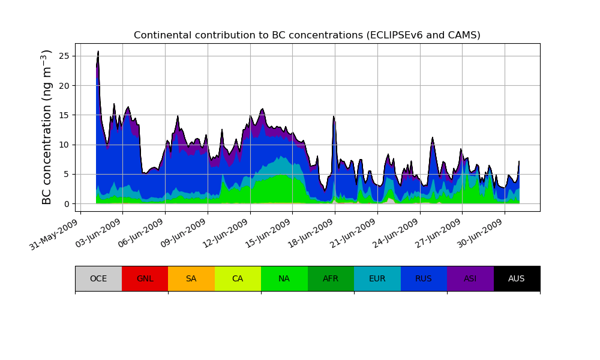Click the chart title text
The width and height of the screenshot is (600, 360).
(307, 35)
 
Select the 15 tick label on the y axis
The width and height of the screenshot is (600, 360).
(63, 115)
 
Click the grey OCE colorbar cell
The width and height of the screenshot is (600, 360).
(98, 278)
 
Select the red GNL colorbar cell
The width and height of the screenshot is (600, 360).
(145, 278)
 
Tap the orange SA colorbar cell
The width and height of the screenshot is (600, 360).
(191, 278)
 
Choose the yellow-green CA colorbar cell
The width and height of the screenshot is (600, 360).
(238, 278)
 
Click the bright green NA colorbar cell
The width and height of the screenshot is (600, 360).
(284, 278)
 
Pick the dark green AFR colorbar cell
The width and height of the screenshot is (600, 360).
(331, 278)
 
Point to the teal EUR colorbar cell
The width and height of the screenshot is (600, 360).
(377, 278)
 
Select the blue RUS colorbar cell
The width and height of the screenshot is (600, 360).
(424, 278)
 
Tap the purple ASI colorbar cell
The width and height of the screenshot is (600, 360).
(470, 278)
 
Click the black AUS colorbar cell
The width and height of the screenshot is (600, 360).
(517, 278)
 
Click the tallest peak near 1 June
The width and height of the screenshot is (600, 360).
(98, 52)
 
